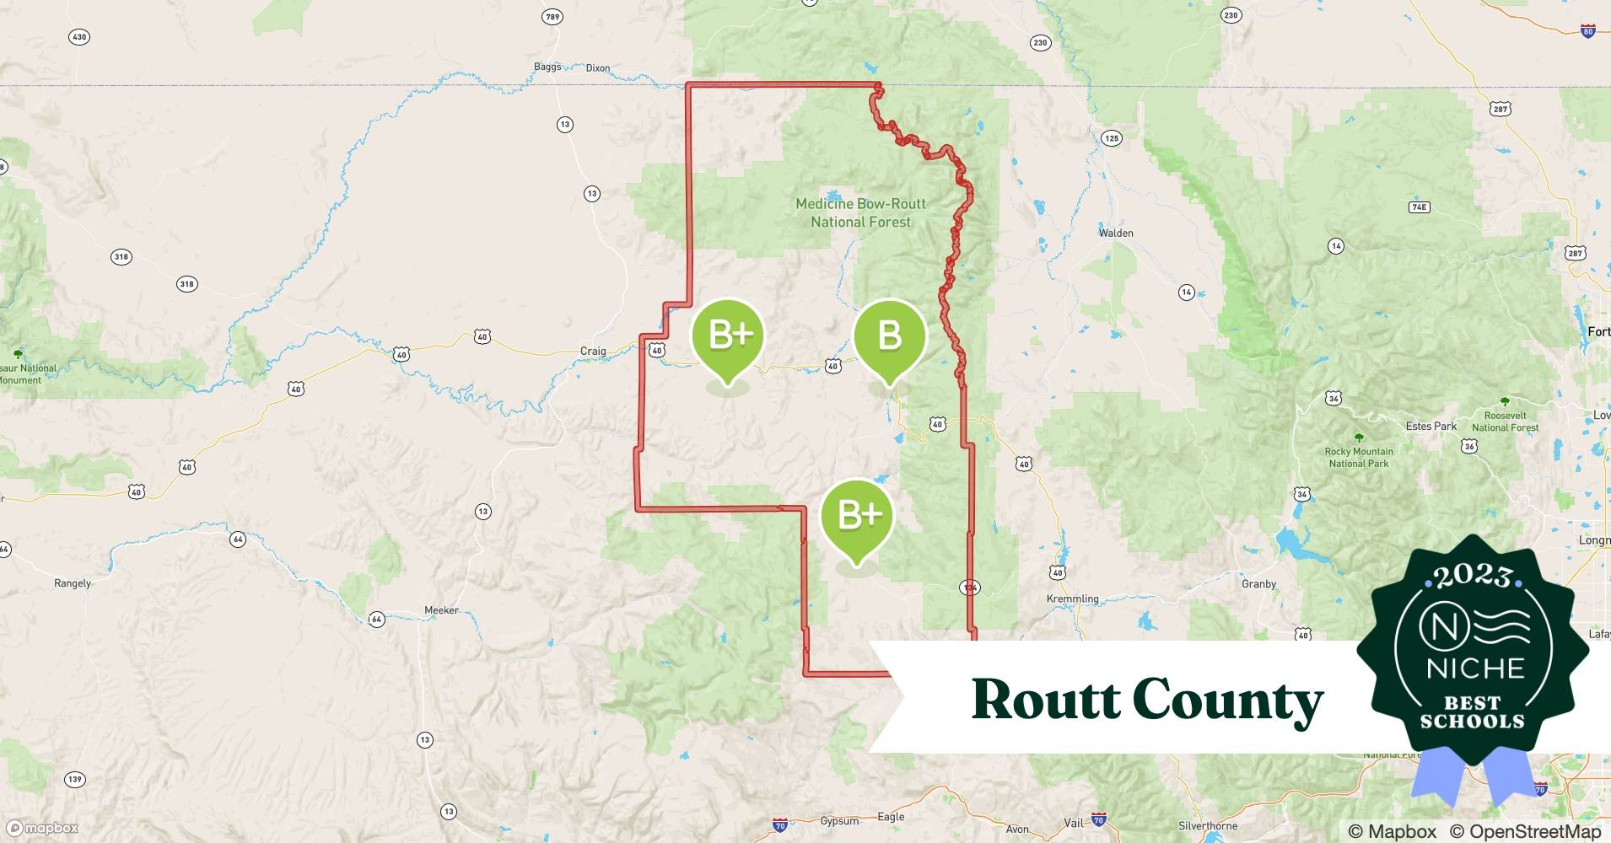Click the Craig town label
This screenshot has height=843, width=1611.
(x=593, y=351)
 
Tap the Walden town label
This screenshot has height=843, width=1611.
(x=1115, y=233)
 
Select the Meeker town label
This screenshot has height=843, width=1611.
(x=441, y=610)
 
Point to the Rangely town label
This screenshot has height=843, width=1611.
(x=73, y=583)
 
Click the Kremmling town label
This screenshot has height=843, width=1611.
(x=1072, y=599)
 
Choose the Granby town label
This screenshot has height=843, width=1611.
(x=1258, y=583)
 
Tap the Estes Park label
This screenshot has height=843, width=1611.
(x=1431, y=427)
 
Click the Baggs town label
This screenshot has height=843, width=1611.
(x=547, y=67)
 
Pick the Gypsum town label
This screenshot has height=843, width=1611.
(x=839, y=820)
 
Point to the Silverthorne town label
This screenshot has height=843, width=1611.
(x=1208, y=826)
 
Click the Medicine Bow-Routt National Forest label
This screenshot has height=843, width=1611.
(x=860, y=213)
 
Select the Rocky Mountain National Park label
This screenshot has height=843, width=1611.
(x=1358, y=457)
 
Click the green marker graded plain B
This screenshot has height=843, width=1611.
(x=890, y=337)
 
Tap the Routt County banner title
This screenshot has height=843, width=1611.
(x=1147, y=700)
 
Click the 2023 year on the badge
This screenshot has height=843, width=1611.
(x=1472, y=577)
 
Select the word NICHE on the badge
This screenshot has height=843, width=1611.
(x=1475, y=668)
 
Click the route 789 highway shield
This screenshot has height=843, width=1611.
(x=552, y=17)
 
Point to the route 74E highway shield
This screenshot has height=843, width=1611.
(x=1419, y=207)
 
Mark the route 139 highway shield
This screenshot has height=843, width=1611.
(x=75, y=779)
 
